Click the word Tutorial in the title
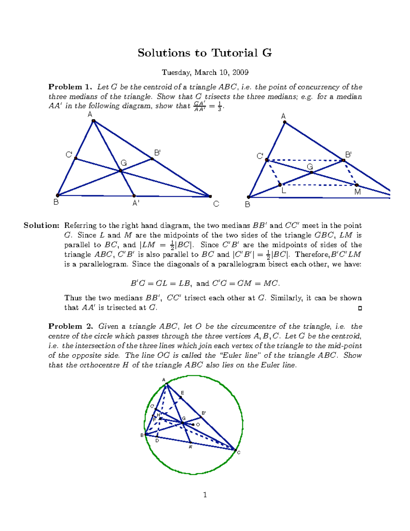[x=234, y=53]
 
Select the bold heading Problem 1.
[x=70, y=87]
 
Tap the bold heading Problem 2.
[x=70, y=326]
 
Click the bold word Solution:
[x=41, y=226]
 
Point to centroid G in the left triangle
[x=121, y=171]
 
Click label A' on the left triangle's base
[x=136, y=203]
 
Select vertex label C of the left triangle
[x=216, y=204]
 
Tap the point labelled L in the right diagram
[x=280, y=185]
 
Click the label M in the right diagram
[x=357, y=192]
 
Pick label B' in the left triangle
[x=157, y=153]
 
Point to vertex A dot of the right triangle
[x=285, y=122]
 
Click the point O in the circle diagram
[x=193, y=425]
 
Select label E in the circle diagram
[x=182, y=393]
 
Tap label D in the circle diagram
[x=157, y=441]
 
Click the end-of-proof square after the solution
[x=360, y=308]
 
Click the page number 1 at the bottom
[x=205, y=495]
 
